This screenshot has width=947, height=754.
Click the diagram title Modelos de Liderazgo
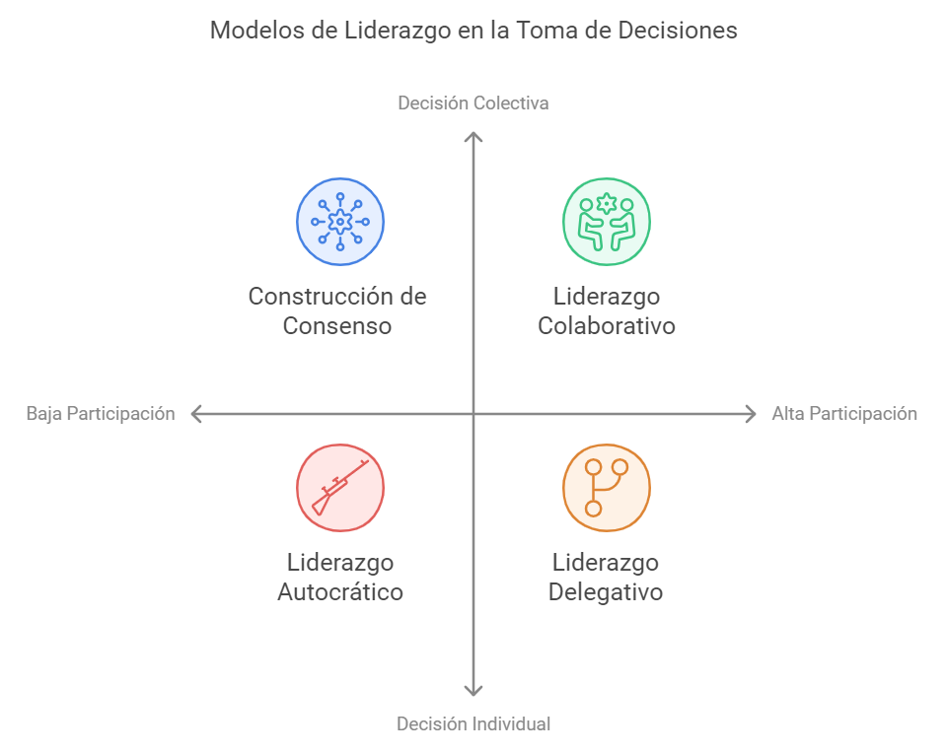473,31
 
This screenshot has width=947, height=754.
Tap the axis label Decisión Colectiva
473,103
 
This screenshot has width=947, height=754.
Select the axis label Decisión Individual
473,723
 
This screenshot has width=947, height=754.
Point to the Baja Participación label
101,414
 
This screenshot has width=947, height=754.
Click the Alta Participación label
844,414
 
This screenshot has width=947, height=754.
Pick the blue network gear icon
340,222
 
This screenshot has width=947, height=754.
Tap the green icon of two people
607,222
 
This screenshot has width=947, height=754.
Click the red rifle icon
340,488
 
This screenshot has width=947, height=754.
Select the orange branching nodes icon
607,488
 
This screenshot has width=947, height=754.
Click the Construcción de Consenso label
337,310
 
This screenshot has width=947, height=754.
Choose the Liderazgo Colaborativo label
607,310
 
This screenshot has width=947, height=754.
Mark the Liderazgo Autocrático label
340,578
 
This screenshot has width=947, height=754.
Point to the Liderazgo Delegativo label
606,578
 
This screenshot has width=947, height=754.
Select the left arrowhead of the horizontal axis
195,415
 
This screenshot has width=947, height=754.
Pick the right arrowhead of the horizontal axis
752,415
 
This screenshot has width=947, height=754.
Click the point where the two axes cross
473,415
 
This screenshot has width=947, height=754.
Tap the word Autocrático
340,592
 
